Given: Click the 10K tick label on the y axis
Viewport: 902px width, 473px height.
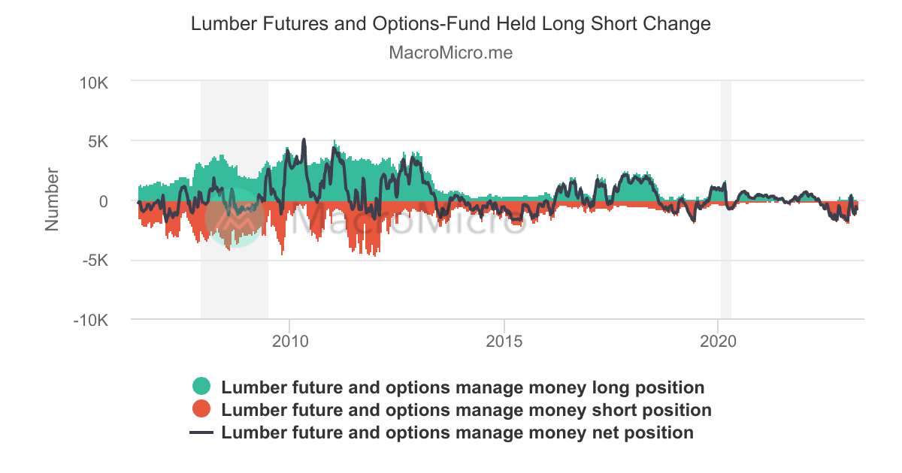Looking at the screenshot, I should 95,81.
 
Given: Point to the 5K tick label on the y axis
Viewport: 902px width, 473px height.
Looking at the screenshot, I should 98,140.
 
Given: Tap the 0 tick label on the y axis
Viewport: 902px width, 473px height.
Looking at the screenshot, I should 104,200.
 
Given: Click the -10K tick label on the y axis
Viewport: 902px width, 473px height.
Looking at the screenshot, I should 92,321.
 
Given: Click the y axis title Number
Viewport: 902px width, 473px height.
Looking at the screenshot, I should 52,200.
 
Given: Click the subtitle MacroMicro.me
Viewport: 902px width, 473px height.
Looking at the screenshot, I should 451,53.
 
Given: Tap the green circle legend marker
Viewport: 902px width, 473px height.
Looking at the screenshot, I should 201,387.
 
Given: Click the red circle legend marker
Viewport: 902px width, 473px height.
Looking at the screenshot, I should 201,409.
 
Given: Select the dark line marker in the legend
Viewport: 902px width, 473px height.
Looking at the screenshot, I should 201,433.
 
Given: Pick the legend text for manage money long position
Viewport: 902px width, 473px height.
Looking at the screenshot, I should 463,387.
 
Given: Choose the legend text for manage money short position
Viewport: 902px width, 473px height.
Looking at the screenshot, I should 466,410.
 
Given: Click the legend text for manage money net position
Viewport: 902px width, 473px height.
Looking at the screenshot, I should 457,432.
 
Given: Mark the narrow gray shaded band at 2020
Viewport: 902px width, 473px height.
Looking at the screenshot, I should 725,200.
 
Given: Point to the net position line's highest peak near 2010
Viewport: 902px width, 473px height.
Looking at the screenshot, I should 304,140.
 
